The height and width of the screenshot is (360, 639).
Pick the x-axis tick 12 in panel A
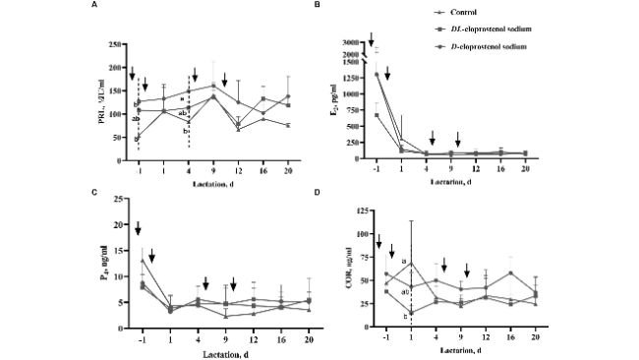click(x=238, y=168)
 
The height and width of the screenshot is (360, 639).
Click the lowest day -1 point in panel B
click(x=378, y=115)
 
